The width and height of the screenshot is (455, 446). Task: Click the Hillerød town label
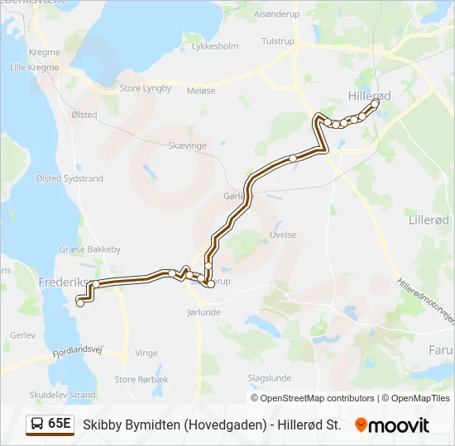pos(369,96)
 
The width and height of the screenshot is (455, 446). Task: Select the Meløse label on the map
pos(201,91)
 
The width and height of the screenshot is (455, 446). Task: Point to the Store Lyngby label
pos(145,88)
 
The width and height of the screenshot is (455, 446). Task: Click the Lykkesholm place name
pos(215,46)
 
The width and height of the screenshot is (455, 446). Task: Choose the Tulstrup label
pos(277,40)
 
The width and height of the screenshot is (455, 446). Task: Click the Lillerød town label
pos(429,220)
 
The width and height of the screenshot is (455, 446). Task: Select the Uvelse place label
pos(283,235)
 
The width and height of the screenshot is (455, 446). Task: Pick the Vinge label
pos(146,353)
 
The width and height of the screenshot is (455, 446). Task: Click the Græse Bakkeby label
pos(90,249)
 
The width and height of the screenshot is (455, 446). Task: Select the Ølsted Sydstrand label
pos(69,178)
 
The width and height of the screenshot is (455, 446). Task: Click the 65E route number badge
pos(50,424)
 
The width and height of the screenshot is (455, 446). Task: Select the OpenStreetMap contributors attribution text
pos(317,398)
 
